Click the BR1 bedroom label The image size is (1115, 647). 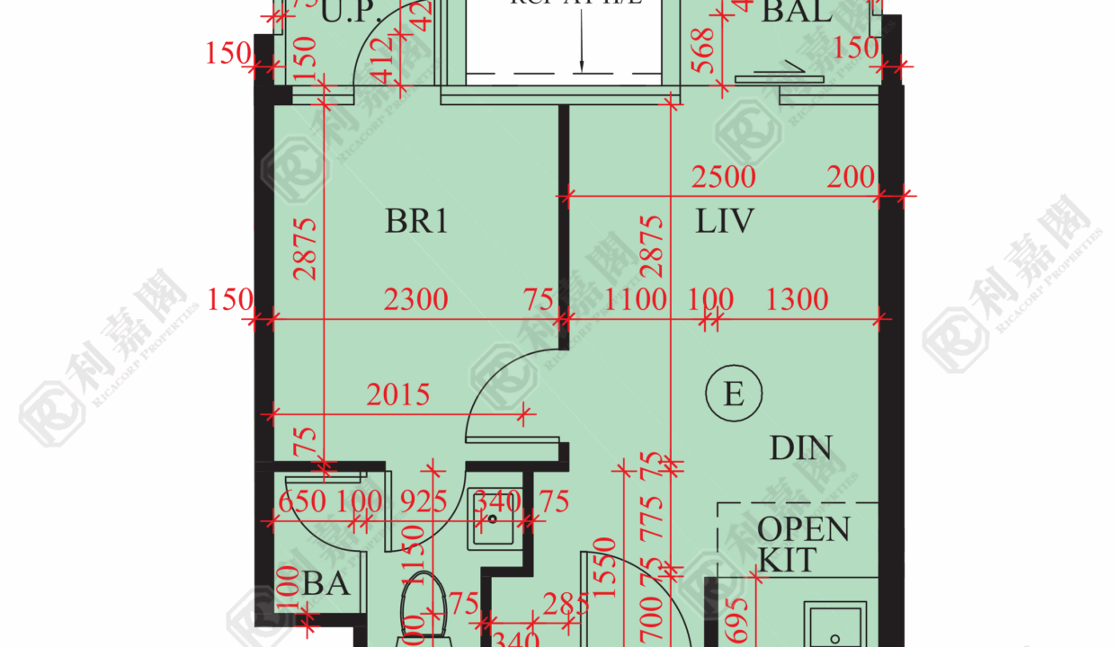pyautogui.click(x=416, y=221)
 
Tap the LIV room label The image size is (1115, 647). pyautogui.click(x=724, y=221)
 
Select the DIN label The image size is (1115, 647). pyautogui.click(x=800, y=448)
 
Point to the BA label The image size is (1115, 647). pyautogui.click(x=326, y=585)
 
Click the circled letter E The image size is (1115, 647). pyautogui.click(x=734, y=394)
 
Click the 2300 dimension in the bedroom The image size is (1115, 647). pyautogui.click(x=415, y=299)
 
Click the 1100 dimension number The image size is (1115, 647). pyautogui.click(x=635, y=299)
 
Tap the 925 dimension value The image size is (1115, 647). pyautogui.click(x=415, y=501)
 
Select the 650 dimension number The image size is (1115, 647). pyautogui.click(x=301, y=501)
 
